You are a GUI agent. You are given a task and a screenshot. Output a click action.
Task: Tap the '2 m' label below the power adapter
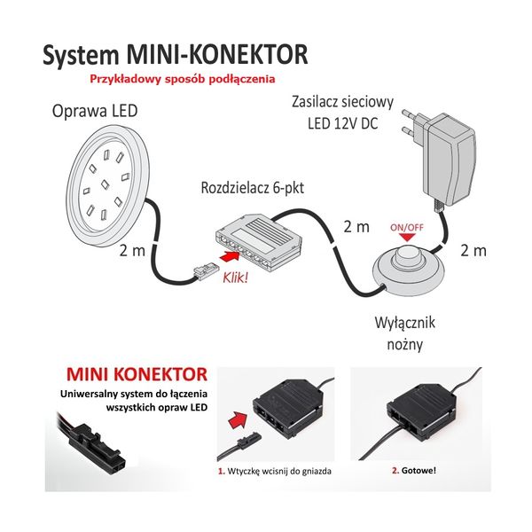click(473, 251)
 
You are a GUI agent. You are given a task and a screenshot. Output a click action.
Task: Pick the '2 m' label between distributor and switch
click(356, 227)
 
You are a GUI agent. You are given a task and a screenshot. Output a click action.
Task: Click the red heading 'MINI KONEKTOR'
click(136, 370)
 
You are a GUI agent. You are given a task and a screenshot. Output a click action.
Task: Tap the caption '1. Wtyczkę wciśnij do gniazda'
click(275, 471)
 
